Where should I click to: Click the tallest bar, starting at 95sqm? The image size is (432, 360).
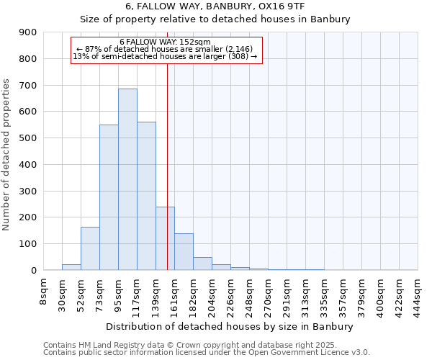127,179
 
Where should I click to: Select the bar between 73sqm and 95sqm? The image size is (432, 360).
109,197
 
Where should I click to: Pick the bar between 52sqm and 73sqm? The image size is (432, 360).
90,248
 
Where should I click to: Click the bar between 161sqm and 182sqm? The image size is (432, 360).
184,252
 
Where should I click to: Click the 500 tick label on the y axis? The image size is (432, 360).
28,138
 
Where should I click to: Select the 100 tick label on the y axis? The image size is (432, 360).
28,244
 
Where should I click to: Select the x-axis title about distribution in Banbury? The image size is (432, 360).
230,326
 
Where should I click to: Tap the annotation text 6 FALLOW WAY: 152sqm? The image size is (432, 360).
165,42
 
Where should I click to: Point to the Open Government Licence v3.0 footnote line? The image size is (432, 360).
207,353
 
